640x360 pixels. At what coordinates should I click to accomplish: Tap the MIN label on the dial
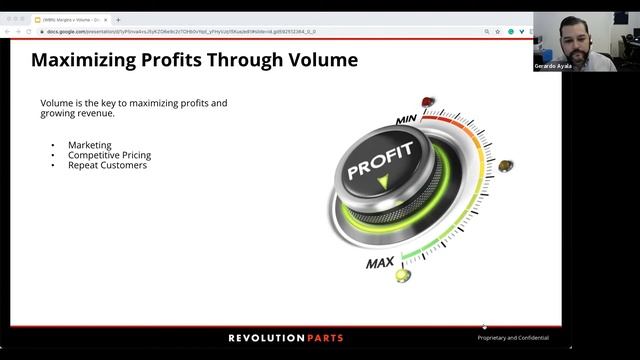(407, 120)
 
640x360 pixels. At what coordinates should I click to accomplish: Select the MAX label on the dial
(379, 263)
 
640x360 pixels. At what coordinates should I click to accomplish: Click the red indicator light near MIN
(428, 102)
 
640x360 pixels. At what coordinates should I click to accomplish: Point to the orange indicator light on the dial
(505, 165)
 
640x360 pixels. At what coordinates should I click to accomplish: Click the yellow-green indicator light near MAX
(402, 274)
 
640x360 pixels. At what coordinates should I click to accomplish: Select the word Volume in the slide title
(319, 60)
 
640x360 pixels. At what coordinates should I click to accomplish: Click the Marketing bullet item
(90, 145)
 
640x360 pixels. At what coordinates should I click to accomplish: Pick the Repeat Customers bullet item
(107, 165)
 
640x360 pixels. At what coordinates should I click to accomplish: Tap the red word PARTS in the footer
(322, 338)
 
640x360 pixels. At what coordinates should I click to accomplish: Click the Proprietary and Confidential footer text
(513, 338)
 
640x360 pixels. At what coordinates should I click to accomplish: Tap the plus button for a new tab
(118, 19)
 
